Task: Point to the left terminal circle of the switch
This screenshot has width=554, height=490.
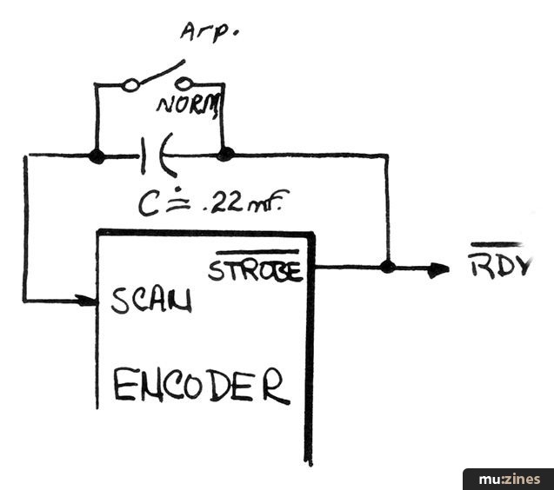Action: (x=130, y=85)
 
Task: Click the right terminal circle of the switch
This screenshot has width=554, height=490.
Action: (x=184, y=84)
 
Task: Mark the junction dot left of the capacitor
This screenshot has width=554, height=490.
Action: (x=97, y=156)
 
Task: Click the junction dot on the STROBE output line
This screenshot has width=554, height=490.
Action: (x=387, y=267)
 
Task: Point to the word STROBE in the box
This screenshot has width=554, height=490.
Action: (x=254, y=269)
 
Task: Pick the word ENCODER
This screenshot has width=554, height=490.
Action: (x=200, y=385)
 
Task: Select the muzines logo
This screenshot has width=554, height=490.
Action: (x=506, y=478)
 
